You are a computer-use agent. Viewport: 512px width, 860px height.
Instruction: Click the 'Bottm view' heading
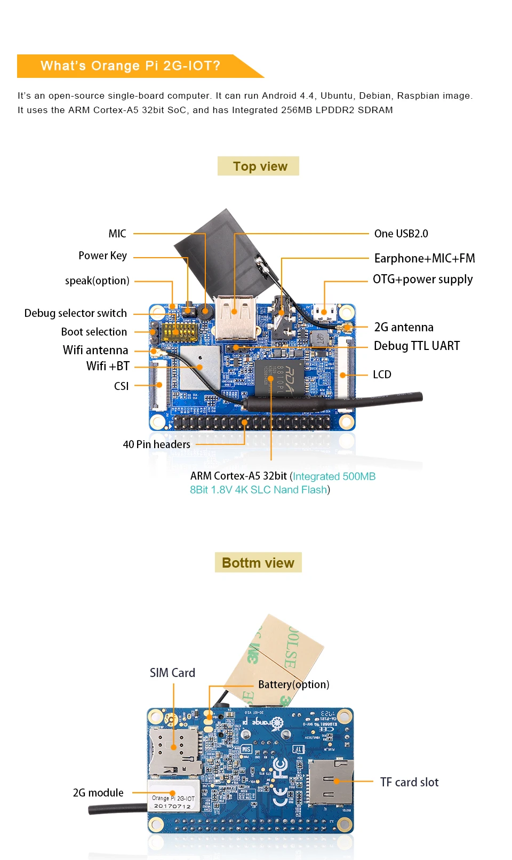(x=258, y=562)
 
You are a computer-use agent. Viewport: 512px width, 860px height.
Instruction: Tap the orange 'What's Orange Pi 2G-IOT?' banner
(x=131, y=66)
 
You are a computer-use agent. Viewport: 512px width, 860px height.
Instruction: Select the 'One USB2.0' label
(x=401, y=233)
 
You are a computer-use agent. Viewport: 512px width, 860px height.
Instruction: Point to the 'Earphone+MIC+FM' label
(x=424, y=258)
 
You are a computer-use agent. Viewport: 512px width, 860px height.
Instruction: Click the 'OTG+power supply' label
(x=422, y=279)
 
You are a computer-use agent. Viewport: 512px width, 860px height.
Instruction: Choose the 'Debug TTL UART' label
(x=416, y=346)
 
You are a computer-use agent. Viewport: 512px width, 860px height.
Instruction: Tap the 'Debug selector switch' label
(x=76, y=313)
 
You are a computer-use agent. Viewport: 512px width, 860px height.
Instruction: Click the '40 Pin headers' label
(x=156, y=444)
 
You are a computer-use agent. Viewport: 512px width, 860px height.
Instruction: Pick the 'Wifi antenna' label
(x=95, y=350)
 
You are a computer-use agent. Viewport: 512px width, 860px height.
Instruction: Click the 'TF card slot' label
(x=409, y=782)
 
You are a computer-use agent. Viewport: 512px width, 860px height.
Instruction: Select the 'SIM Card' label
(x=172, y=673)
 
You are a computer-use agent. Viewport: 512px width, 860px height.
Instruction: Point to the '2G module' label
(x=98, y=793)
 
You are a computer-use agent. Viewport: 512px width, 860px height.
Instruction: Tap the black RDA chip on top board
(x=279, y=378)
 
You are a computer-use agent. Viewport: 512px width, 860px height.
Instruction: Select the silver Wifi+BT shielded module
(x=199, y=367)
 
